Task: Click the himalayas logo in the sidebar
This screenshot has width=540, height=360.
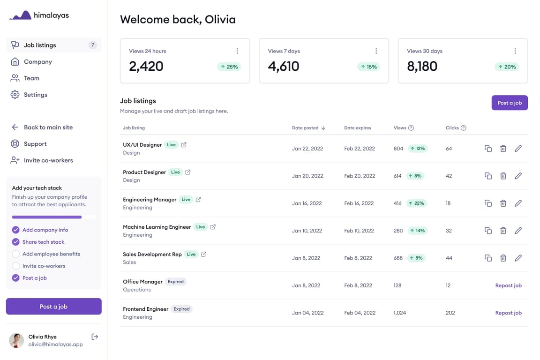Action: tap(39, 15)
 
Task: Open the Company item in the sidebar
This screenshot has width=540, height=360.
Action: tap(37, 62)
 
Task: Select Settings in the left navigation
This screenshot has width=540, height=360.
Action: tap(35, 95)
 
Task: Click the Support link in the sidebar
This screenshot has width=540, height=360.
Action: tap(35, 144)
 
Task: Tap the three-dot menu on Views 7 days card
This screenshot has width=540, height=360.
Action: tap(376, 51)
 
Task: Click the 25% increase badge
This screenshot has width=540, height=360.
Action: tap(229, 67)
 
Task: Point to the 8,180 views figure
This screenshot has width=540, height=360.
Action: tap(422, 67)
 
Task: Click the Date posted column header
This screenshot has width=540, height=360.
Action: tap(308, 128)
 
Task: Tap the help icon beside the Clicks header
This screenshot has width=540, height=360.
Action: tap(464, 128)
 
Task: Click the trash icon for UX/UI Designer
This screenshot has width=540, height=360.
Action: tap(503, 149)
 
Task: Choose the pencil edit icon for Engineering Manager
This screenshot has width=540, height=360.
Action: tap(518, 203)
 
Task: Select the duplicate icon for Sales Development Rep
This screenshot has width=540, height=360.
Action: tap(488, 258)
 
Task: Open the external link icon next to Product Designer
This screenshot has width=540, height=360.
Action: tap(188, 172)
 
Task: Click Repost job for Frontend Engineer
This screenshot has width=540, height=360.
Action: tap(508, 313)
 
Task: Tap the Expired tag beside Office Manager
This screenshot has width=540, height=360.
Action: tap(176, 282)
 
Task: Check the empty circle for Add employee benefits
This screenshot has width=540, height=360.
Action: tap(15, 254)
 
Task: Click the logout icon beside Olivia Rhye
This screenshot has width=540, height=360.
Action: tap(95, 337)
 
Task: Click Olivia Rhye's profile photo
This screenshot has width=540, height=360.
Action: tap(16, 340)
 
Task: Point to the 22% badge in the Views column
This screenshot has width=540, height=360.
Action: tap(417, 203)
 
